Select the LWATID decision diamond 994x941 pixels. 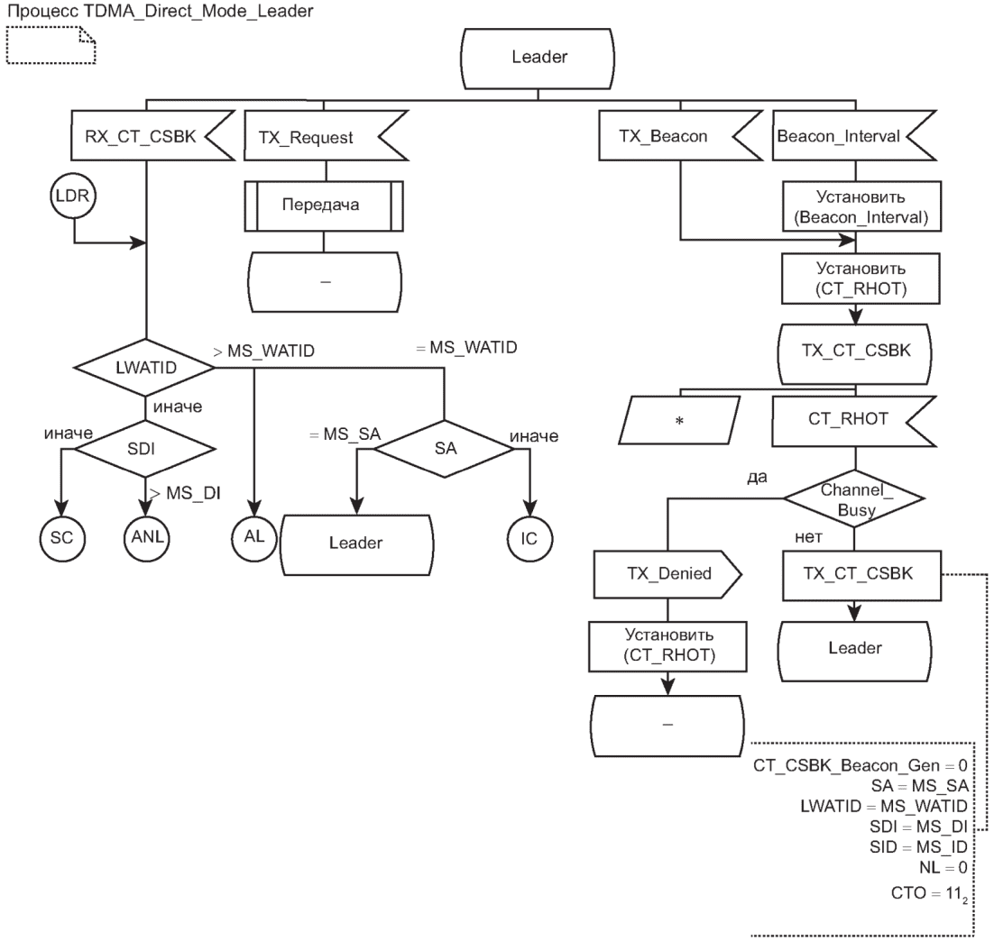point(145,367)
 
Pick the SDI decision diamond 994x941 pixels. point(145,448)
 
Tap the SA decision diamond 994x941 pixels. point(442,448)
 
